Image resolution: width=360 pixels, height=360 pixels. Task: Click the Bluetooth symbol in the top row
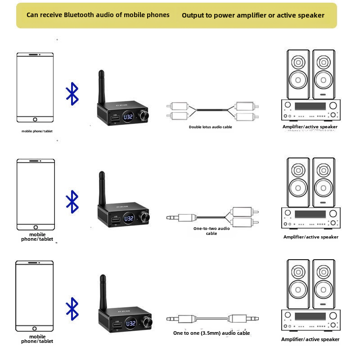point(72,94)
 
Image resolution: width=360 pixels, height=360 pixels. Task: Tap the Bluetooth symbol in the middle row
point(72,202)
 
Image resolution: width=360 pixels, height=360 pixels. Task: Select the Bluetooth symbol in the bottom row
point(72,309)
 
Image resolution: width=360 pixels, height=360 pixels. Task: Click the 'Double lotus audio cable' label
point(210,127)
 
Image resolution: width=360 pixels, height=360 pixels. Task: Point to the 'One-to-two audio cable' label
point(211,231)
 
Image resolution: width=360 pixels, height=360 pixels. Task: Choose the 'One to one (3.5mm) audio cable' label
point(211,333)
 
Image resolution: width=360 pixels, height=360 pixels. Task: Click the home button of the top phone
point(35,119)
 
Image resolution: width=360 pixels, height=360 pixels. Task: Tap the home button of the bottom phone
point(35,328)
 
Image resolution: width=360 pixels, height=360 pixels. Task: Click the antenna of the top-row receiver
point(102,87)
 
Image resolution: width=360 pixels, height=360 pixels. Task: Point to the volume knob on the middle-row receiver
point(145,217)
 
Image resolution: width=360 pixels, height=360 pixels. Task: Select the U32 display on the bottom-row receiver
point(130,323)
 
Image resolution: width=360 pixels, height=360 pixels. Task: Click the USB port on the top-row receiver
point(115,118)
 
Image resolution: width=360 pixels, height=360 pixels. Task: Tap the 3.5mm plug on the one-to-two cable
point(182,217)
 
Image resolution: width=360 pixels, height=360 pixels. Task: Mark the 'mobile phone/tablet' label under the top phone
point(37,131)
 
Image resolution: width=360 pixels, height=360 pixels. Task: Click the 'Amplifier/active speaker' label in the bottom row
point(310,339)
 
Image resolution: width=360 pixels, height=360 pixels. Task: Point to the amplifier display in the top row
point(310,106)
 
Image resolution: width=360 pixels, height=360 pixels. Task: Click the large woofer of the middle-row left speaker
point(298,188)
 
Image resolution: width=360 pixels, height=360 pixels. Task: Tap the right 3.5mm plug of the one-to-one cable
point(243,319)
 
